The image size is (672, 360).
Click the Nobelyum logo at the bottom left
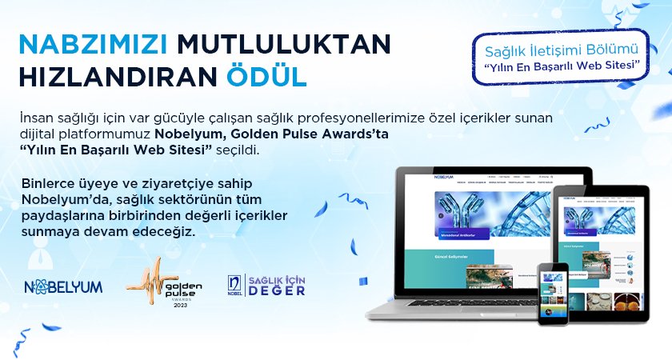pyautogui.click(x=63, y=286)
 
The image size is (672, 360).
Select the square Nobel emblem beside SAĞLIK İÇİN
pyautogui.click(x=234, y=284)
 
